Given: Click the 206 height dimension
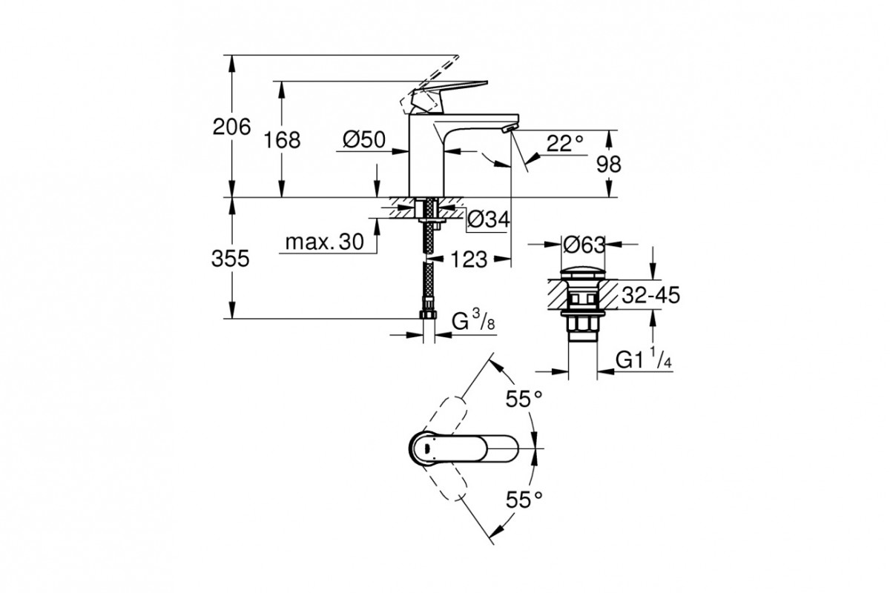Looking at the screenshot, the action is (x=231, y=127).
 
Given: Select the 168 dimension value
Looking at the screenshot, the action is (x=282, y=140).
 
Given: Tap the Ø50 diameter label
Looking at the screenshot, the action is (x=364, y=140).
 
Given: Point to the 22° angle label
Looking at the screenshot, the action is (x=565, y=144).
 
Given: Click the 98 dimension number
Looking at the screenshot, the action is (x=608, y=164).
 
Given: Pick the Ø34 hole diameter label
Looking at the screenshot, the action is (x=488, y=219).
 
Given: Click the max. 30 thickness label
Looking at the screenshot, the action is (x=324, y=242).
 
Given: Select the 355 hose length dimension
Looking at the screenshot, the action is (x=231, y=259).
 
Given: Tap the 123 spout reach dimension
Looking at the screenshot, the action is (x=469, y=259).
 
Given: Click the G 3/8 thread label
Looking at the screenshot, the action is (x=474, y=320).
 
